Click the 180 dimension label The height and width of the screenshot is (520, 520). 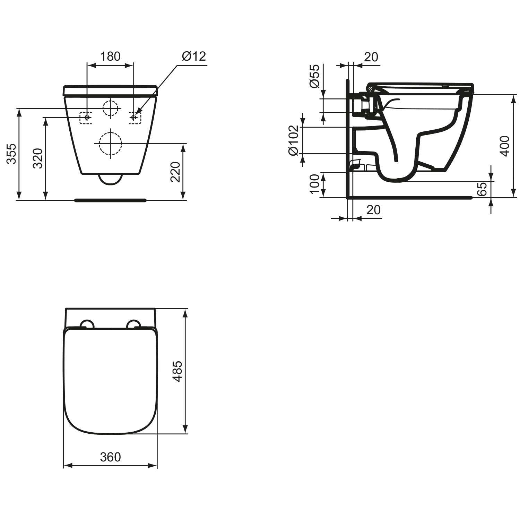[x=110, y=56]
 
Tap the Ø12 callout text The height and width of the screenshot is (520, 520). [x=194, y=56]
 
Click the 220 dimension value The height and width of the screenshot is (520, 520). [x=175, y=172]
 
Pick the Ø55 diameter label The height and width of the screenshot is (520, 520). [x=314, y=76]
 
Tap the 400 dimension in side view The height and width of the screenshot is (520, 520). [x=505, y=146]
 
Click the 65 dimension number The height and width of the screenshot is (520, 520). [x=482, y=189]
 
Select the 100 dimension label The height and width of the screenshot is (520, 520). [x=314, y=184]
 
